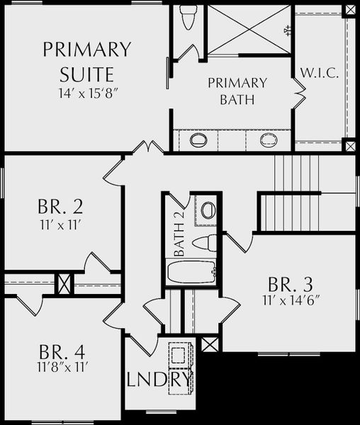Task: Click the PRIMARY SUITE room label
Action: (87, 62)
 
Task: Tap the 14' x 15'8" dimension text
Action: (89, 93)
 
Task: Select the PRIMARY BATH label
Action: (237, 91)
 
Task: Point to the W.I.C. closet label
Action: (320, 73)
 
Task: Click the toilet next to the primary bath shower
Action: (188, 18)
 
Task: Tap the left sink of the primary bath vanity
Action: (198, 140)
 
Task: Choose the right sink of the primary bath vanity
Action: (269, 140)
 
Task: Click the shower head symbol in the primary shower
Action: (287, 30)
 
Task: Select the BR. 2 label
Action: (60, 207)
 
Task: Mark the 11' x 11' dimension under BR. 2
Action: (61, 225)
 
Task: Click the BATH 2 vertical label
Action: (179, 233)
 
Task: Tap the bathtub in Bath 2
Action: (191, 272)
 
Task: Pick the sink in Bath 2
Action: (208, 210)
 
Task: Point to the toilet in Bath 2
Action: (204, 243)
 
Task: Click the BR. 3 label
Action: (290, 284)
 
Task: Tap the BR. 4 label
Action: (62, 352)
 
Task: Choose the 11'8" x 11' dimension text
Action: (62, 368)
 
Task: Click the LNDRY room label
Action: (160, 379)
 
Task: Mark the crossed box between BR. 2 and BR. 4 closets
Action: (64, 284)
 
